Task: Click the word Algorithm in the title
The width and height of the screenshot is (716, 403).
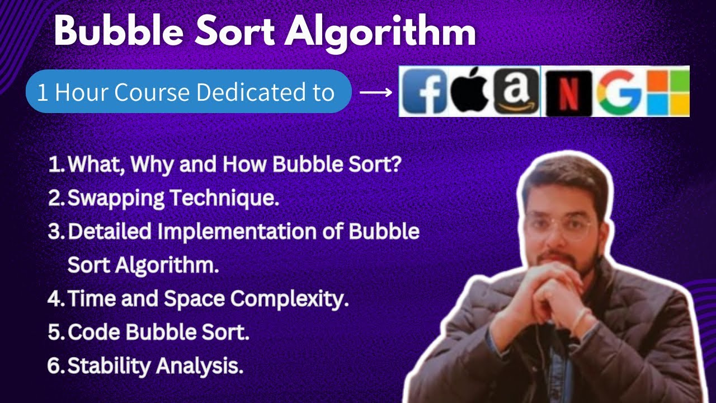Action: pyautogui.click(x=380, y=33)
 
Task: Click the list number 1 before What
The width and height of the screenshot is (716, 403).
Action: pyautogui.click(x=55, y=165)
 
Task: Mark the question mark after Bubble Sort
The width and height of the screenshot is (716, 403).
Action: pyautogui.click(x=396, y=165)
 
